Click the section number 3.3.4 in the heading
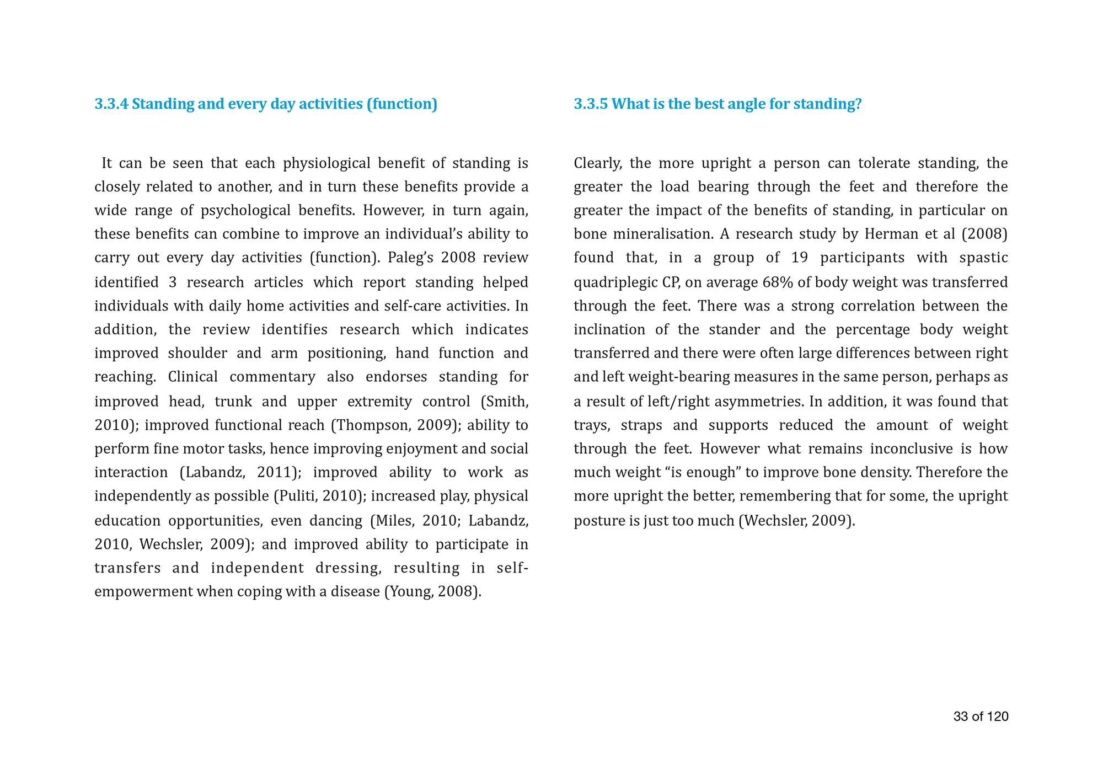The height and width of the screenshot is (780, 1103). tap(111, 104)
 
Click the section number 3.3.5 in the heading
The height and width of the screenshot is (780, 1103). tap(591, 104)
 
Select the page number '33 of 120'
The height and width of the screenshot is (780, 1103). tap(981, 717)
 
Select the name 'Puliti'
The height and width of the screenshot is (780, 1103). tap(297, 496)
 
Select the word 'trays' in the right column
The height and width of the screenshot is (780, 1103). tap(590, 425)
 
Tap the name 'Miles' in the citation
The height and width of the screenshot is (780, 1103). tap(390, 521)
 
